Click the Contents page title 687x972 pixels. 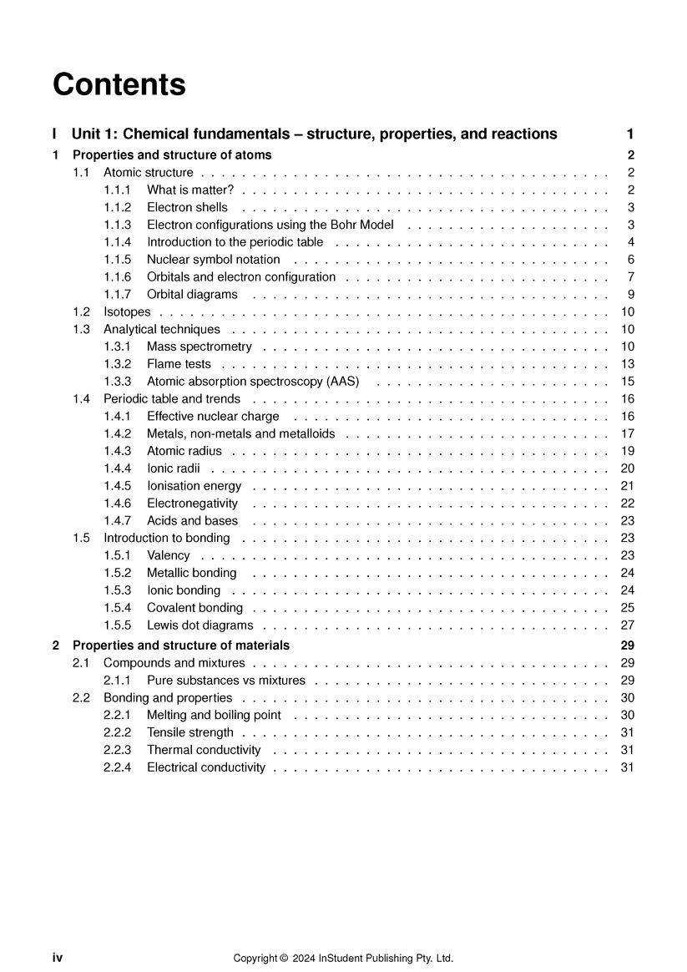tap(119, 84)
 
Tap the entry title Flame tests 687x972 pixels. tap(179, 364)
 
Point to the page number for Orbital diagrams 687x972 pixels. tap(631, 294)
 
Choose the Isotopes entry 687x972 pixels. tap(127, 311)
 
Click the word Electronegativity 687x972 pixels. tap(192, 504)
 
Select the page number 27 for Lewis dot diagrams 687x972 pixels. tap(628, 625)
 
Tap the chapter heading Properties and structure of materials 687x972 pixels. tap(181, 645)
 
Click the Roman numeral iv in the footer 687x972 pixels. tap(58, 958)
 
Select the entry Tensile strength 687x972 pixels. tap(190, 732)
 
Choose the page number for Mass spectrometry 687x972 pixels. tap(628, 347)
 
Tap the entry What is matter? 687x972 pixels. tap(189, 190)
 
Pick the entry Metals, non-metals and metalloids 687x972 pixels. tap(240, 433)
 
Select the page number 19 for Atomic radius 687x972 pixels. tap(628, 451)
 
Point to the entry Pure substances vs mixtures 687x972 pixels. tap(226, 681)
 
